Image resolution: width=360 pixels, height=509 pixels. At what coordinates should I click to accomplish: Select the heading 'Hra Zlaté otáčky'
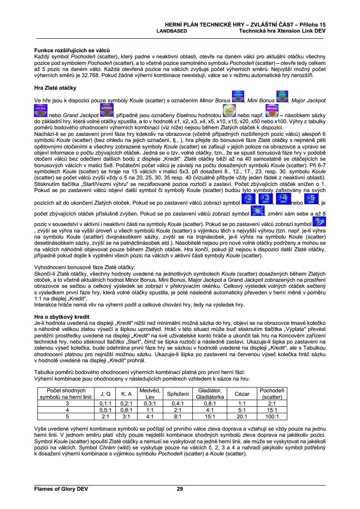[55, 88]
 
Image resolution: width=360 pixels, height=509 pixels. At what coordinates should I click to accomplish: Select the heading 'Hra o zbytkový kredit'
[61, 317]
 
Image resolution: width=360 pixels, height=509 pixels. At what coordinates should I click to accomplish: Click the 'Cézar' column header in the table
[242, 394]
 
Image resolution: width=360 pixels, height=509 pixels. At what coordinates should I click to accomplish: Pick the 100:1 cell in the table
[272, 416]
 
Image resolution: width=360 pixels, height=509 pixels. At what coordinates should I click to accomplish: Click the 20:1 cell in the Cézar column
[242, 416]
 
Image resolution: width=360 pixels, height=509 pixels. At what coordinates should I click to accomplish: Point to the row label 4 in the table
[67, 410]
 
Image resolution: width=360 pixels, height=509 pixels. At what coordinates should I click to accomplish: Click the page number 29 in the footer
[180, 489]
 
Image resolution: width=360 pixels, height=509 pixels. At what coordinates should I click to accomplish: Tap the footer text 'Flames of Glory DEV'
[61, 489]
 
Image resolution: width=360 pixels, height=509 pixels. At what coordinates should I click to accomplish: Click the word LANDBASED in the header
[172, 31]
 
